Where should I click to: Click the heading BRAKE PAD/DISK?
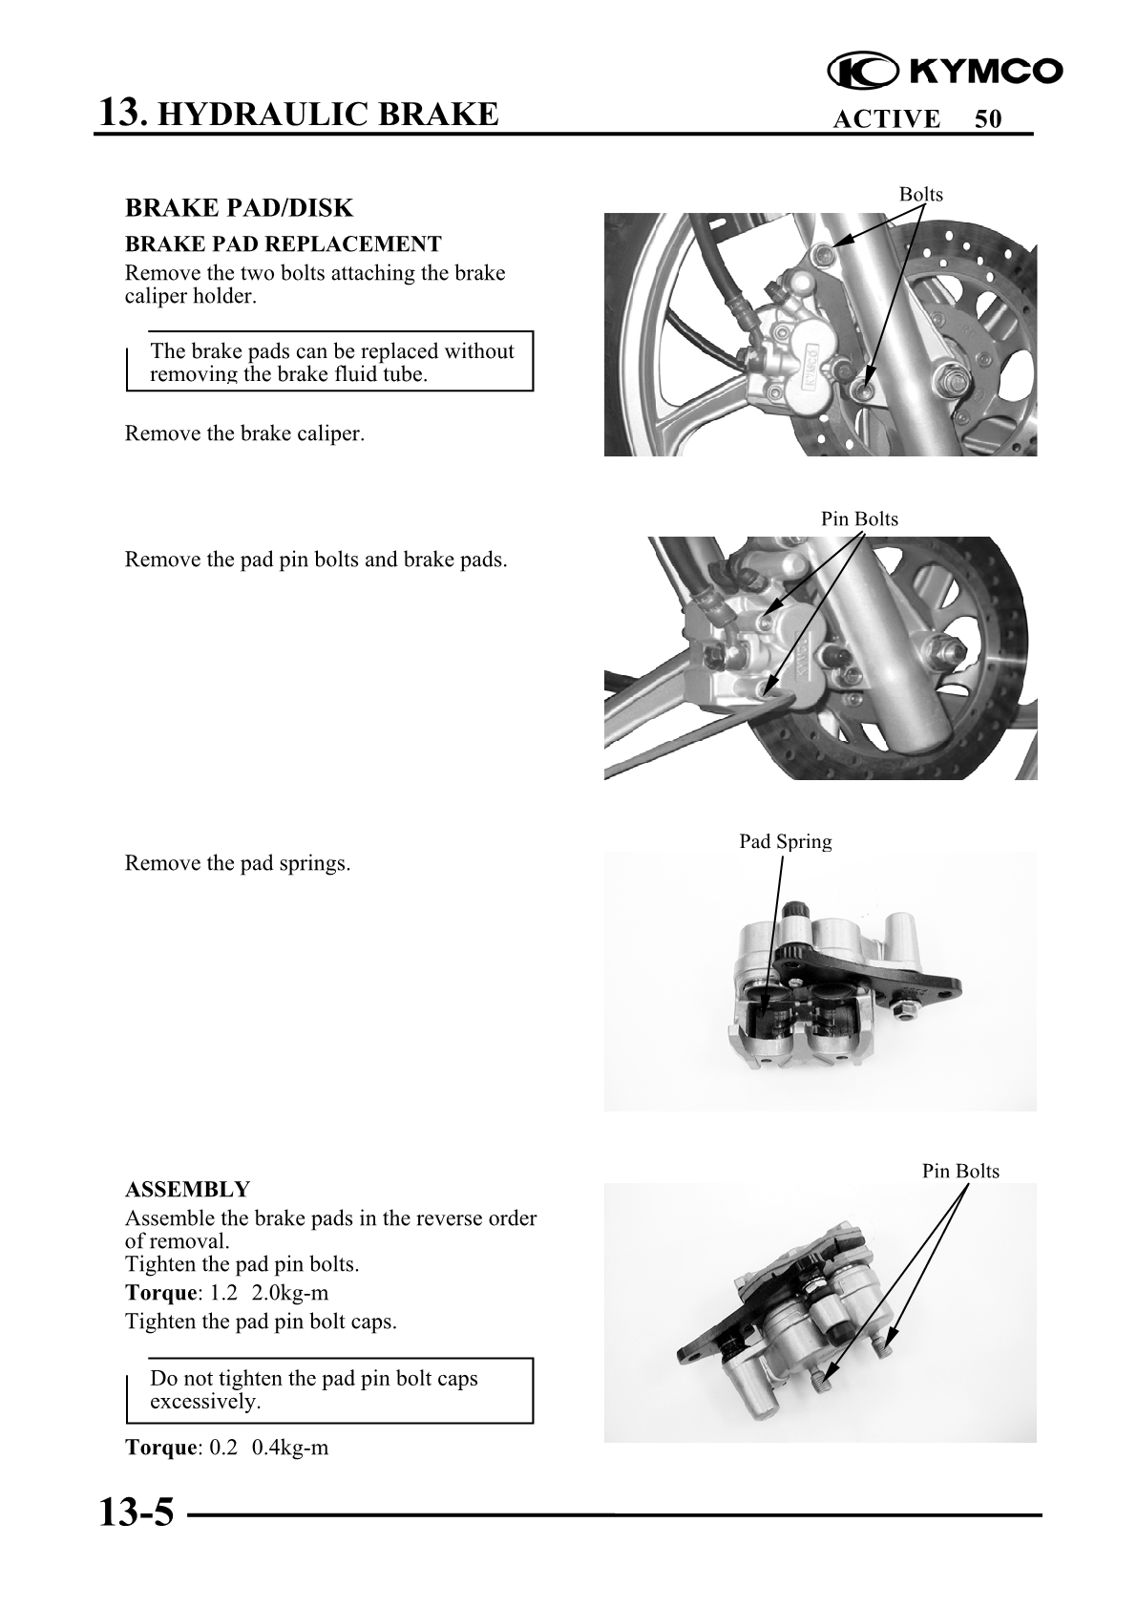coord(239,208)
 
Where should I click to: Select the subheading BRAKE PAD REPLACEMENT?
coord(283,243)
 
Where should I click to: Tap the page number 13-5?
coord(137,1513)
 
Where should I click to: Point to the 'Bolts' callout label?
coord(920,195)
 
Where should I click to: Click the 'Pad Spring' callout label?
coord(785,841)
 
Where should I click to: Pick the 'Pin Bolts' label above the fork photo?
coord(859,518)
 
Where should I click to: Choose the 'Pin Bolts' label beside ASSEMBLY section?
coord(960,1171)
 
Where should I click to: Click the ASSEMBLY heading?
coord(187,1190)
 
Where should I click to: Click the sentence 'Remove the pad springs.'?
coord(238,864)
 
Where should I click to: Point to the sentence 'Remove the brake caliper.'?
coord(244,434)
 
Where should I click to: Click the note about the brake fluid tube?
coord(331,363)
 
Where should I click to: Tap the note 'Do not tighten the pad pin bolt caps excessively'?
coord(314,1390)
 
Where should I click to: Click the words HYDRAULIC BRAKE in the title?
coord(326,115)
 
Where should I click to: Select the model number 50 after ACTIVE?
coord(988,119)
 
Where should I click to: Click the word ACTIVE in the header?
coord(886,119)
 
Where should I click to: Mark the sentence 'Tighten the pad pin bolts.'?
coord(242,1264)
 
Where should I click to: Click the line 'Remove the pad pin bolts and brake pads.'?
coord(316,560)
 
